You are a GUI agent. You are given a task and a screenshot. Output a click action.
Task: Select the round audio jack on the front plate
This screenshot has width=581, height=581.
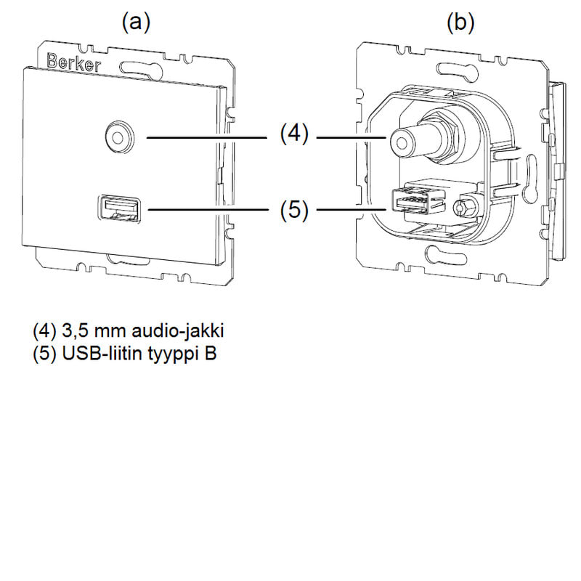pos(115,136)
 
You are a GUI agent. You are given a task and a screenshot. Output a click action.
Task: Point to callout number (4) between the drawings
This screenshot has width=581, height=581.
pos(294,135)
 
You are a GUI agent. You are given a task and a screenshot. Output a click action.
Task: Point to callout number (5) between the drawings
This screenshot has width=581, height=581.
pos(294,211)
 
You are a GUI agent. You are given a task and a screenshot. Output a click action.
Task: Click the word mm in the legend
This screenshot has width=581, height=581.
pos(103,331)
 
